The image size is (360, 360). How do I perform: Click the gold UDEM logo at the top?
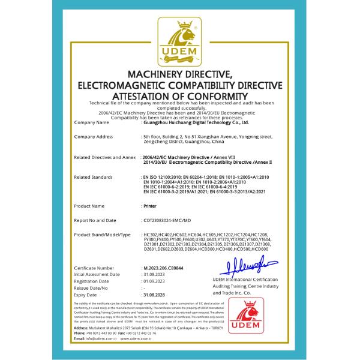click(180, 42)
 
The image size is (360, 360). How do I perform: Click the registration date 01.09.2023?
click(153, 281)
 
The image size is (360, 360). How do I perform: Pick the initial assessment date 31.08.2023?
click(153, 274)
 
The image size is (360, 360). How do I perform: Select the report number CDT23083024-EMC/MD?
click(169, 220)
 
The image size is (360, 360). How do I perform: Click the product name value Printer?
click(149, 205)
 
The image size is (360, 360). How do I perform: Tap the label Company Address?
click(93, 137)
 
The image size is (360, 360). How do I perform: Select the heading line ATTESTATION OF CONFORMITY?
click(180, 95)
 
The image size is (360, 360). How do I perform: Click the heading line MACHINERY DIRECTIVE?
click(180, 73)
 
